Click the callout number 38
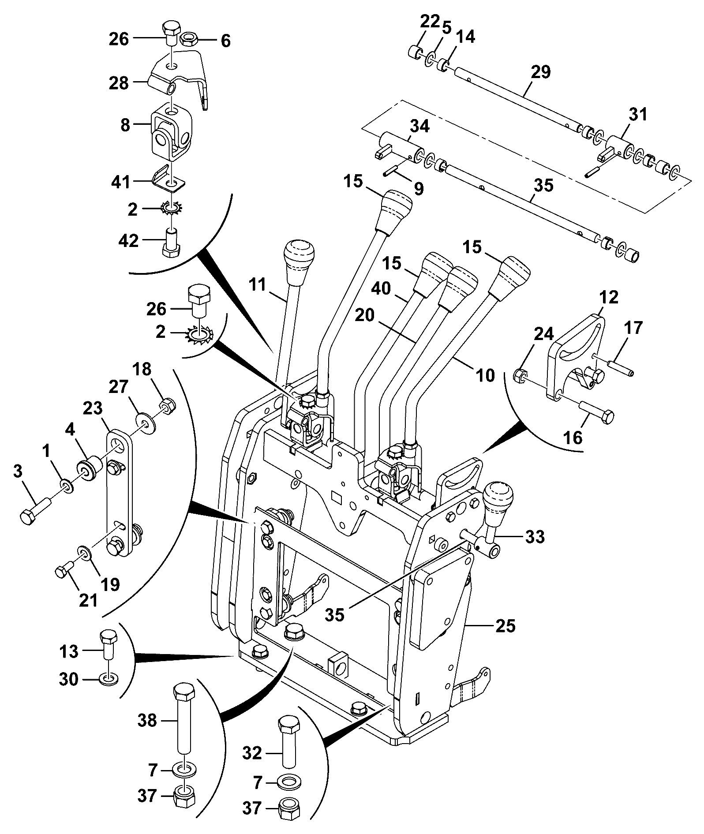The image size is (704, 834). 147,721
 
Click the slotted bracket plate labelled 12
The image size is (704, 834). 576,353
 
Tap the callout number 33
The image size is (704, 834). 535,537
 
